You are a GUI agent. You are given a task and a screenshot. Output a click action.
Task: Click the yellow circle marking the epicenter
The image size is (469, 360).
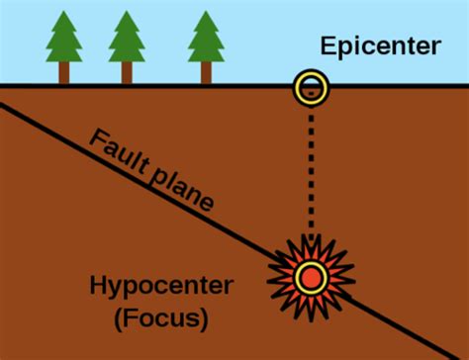[311, 89]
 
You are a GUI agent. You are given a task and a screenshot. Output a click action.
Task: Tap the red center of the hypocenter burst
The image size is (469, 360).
[311, 276]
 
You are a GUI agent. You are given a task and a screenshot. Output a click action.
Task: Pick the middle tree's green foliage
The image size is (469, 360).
[128, 40]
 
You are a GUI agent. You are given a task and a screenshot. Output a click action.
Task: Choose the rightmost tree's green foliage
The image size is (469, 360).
[207, 40]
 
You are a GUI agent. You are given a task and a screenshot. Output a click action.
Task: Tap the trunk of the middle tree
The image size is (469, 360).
[128, 73]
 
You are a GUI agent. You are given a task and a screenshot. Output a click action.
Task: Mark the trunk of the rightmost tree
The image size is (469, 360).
[207, 73]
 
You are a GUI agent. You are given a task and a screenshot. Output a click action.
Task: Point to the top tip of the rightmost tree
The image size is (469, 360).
[207, 11]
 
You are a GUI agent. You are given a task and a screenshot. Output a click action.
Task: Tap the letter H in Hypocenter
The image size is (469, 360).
[97, 287]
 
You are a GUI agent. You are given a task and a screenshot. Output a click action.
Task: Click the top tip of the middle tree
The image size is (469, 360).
[128, 11]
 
